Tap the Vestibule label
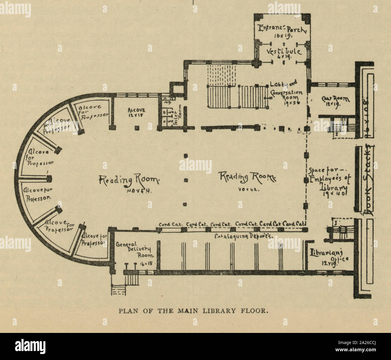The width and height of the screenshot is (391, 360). point(284,51)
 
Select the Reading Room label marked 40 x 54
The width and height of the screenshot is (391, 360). point(129,180)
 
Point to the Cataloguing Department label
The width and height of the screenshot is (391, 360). point(244,236)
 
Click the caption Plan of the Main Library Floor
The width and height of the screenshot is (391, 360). point(193,311)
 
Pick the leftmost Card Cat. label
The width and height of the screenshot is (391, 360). point(169,224)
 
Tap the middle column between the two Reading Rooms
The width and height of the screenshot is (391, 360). point(186,180)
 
